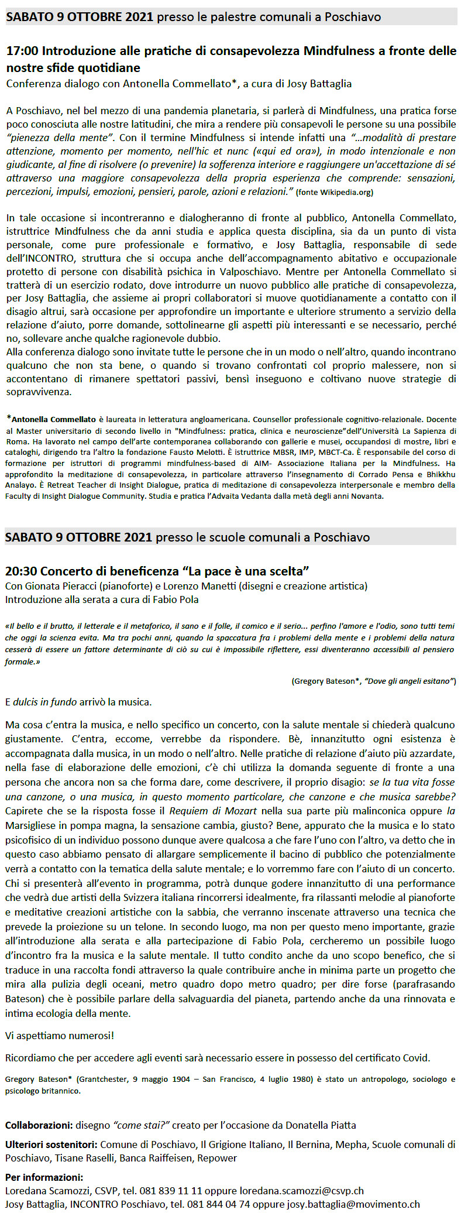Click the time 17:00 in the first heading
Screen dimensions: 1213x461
(x=22, y=52)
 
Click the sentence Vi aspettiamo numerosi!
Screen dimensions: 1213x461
(x=60, y=1035)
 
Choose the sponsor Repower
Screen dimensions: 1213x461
(x=217, y=1158)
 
